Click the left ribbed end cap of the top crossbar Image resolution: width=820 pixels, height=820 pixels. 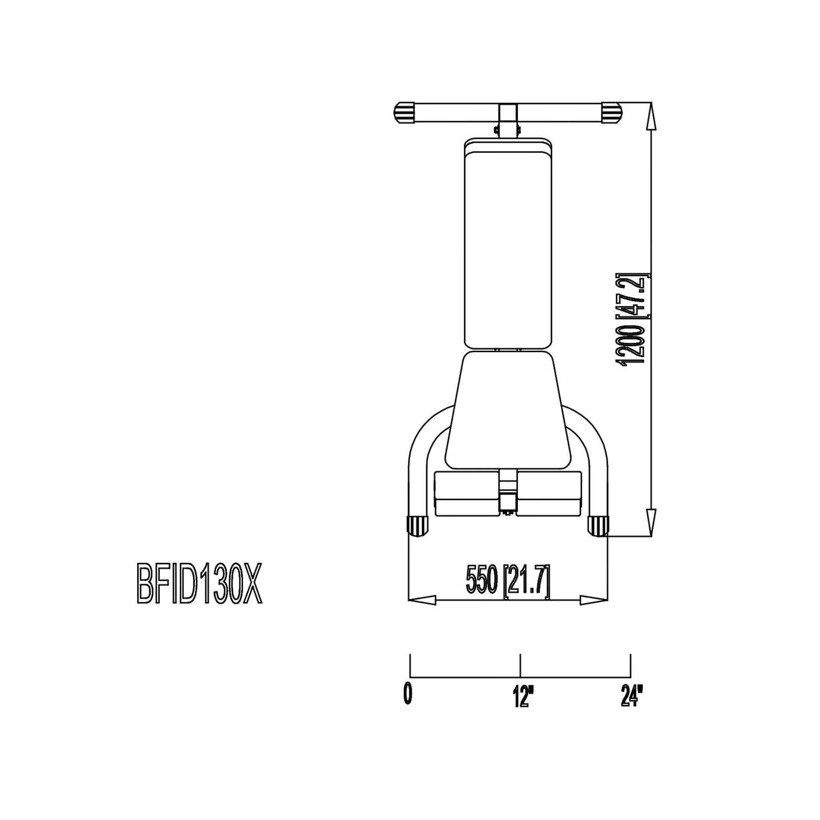point(405,113)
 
